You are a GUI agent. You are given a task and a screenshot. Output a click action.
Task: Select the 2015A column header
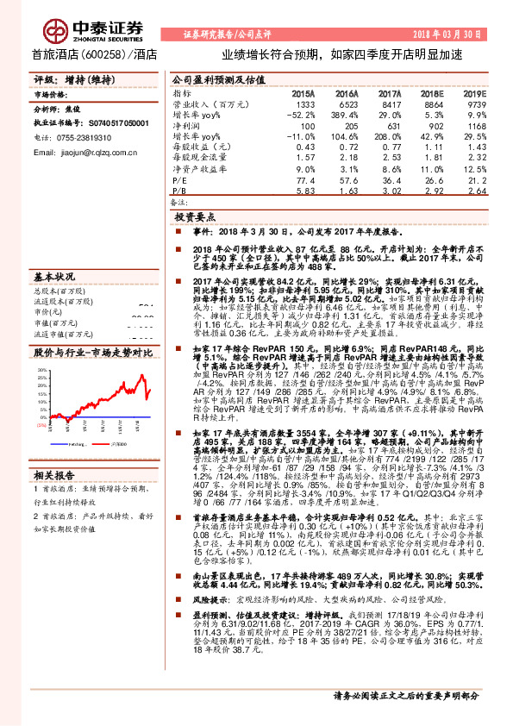[303, 92]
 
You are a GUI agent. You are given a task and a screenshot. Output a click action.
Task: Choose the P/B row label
[180, 192]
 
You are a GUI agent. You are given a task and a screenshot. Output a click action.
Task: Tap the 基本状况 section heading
[54, 278]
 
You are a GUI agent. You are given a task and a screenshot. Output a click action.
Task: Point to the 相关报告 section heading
[54, 474]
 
